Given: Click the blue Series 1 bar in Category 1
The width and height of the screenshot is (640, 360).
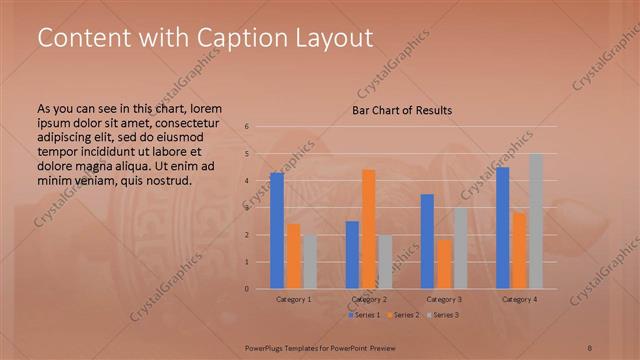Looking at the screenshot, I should click(x=277, y=231).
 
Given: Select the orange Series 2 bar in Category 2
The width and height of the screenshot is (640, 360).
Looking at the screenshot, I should click(x=368, y=229).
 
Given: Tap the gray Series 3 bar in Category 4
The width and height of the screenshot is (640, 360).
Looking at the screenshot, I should click(x=536, y=221).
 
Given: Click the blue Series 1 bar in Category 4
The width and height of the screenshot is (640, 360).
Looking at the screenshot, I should click(x=503, y=228).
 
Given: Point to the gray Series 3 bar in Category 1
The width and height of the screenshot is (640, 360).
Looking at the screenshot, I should click(x=309, y=262).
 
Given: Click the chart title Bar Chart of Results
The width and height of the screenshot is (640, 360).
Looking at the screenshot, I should click(x=402, y=110).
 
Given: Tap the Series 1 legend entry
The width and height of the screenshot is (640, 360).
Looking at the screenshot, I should click(x=364, y=315).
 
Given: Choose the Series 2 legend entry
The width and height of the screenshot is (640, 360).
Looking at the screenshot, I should click(x=403, y=315).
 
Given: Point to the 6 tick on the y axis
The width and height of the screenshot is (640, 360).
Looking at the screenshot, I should click(x=247, y=127).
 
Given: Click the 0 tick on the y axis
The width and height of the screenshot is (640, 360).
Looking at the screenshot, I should click(x=247, y=289).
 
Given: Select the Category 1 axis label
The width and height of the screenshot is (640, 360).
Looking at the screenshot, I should click(x=293, y=299).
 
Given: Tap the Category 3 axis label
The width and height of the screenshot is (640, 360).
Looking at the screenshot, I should click(x=444, y=299).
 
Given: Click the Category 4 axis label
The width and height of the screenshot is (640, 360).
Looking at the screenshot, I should click(x=519, y=299).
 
